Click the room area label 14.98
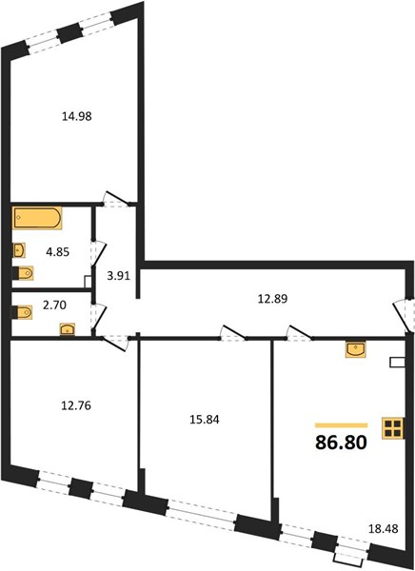click(x=77, y=116)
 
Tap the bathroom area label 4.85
click(x=57, y=251)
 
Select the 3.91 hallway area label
click(x=118, y=276)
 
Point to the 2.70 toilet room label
click(x=54, y=305)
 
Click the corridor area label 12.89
click(x=272, y=299)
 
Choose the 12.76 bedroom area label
click(x=76, y=405)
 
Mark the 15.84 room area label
click(x=205, y=420)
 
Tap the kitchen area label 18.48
click(x=383, y=528)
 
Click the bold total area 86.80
click(x=341, y=443)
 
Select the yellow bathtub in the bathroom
click(x=37, y=218)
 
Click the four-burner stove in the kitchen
click(x=393, y=428)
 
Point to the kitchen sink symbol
click(x=356, y=350)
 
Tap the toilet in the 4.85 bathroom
click(x=23, y=273)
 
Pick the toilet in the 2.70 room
click(x=23, y=312)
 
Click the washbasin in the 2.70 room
click(x=68, y=329)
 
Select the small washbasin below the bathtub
click(x=19, y=250)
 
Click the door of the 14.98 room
click(x=116, y=198)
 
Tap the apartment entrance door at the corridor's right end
click(x=403, y=314)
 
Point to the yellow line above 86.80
click(x=341, y=425)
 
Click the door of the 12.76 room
click(x=115, y=343)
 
